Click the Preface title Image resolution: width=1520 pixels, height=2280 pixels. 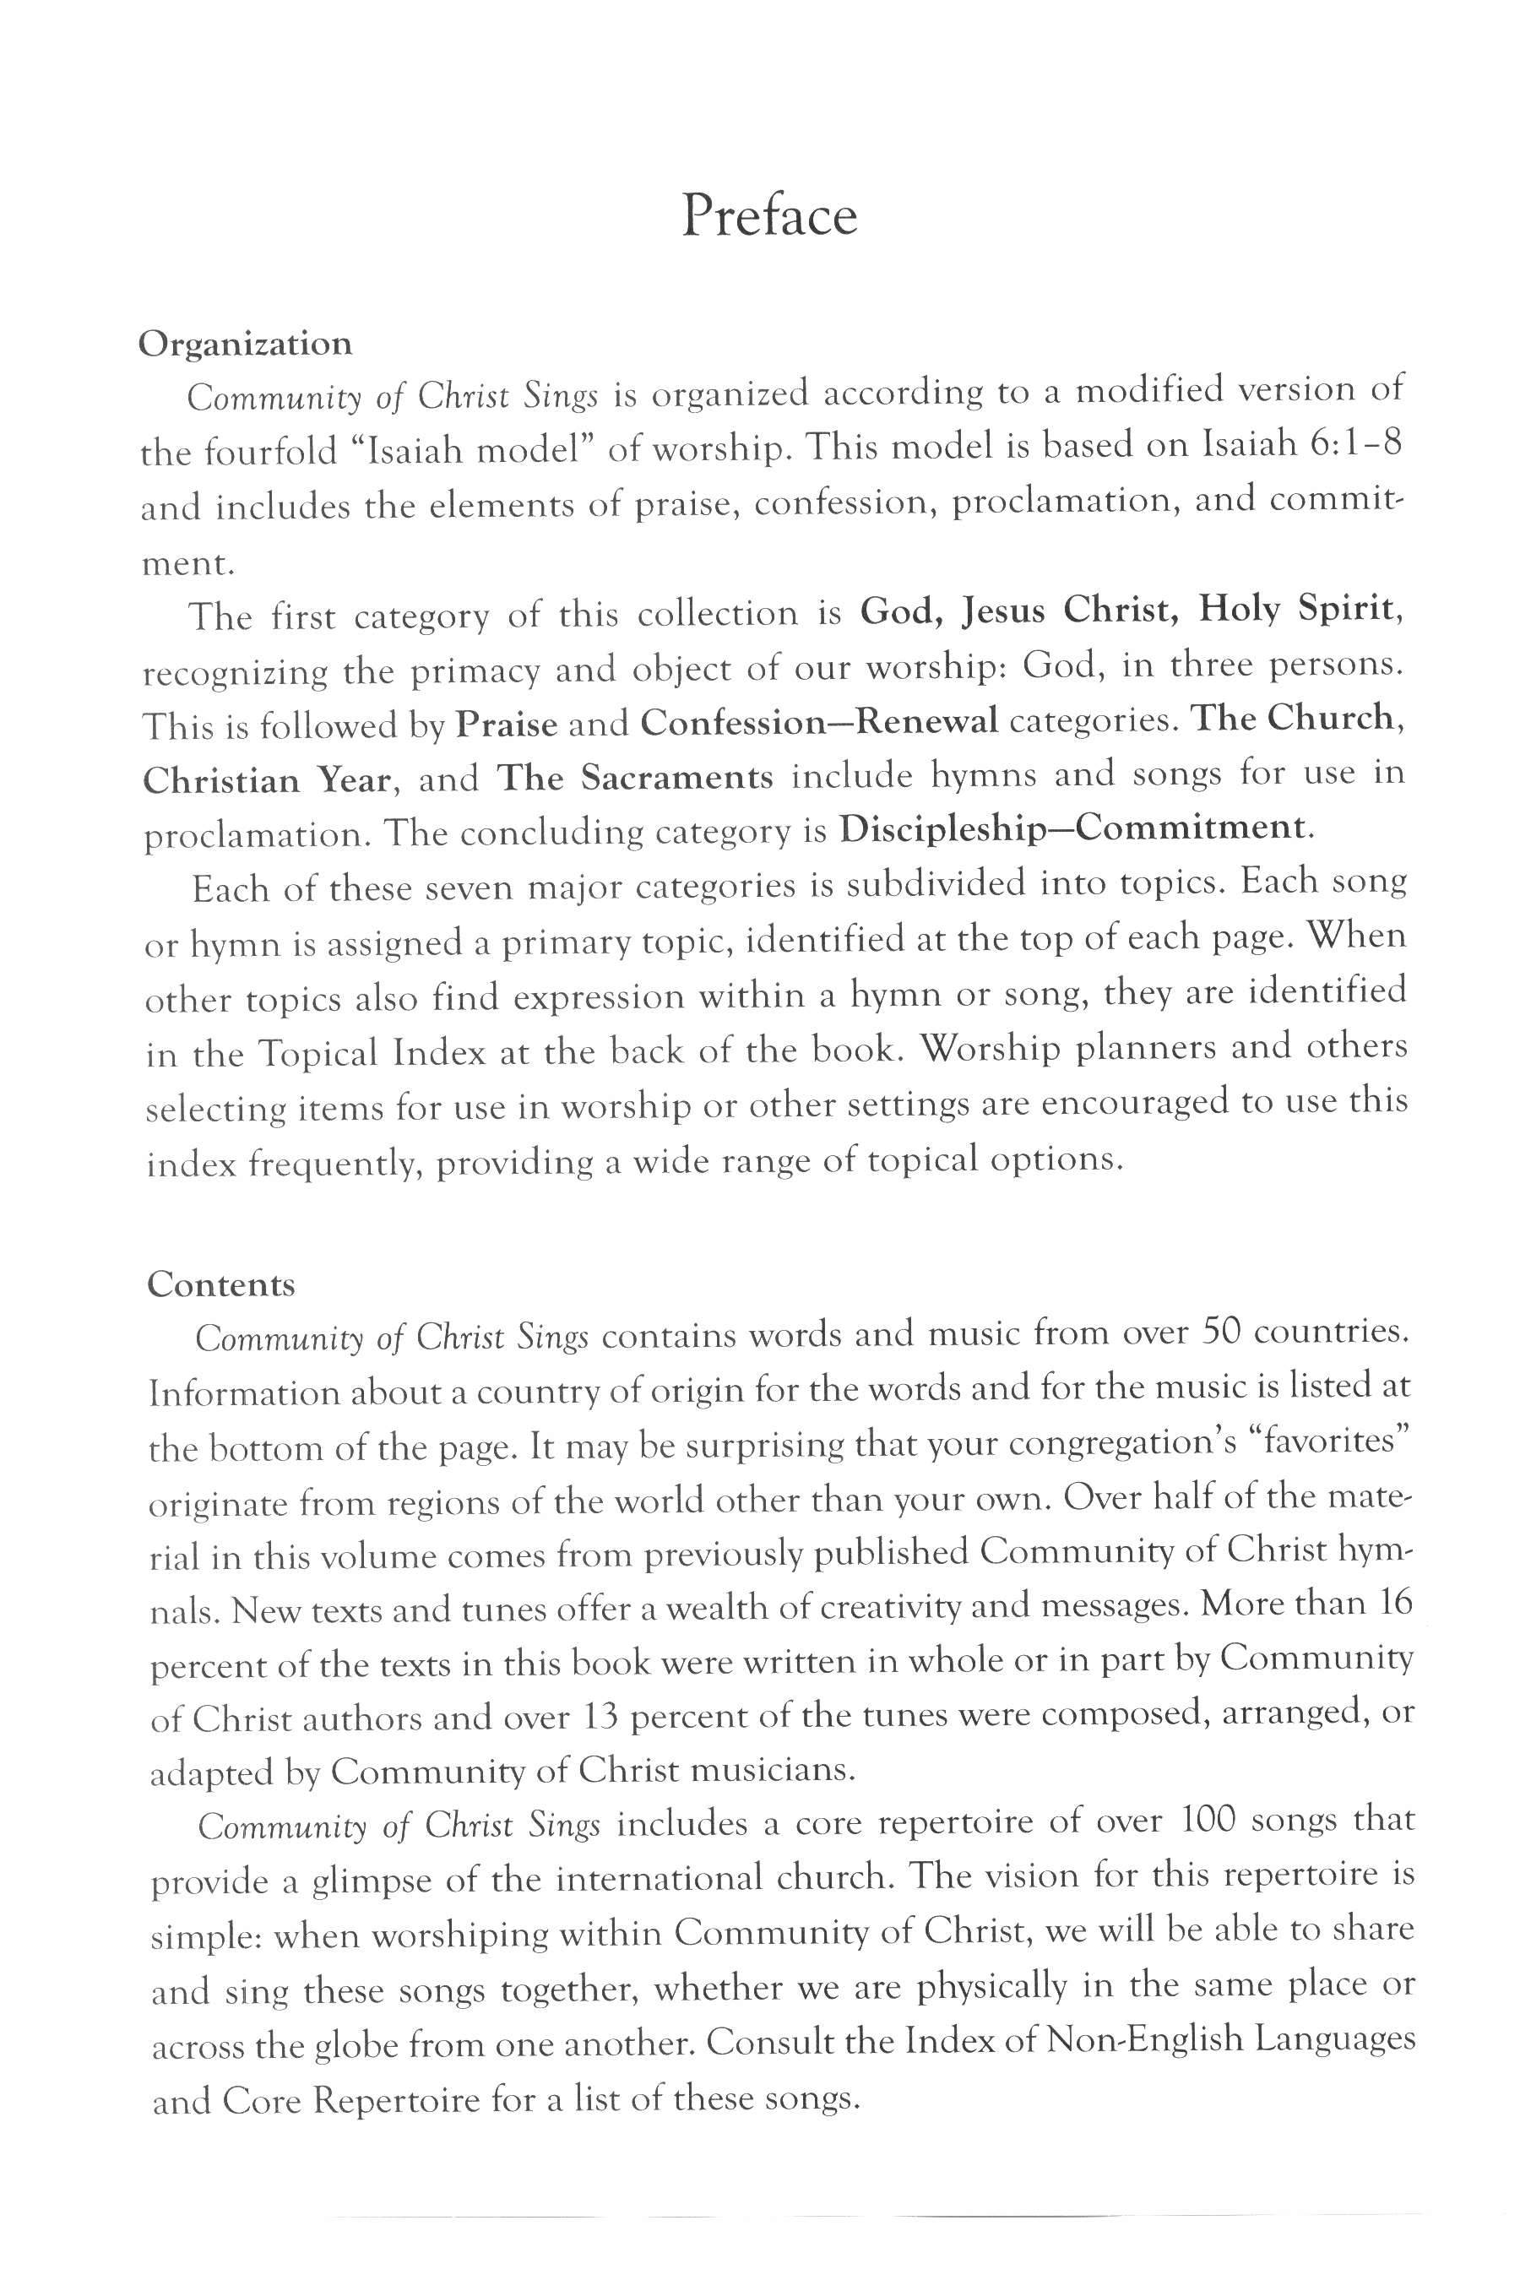(768, 215)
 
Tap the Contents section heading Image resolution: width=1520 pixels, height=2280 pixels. (221, 1284)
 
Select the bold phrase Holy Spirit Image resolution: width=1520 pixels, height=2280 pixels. (1298, 610)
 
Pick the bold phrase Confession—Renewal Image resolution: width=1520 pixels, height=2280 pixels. (820, 721)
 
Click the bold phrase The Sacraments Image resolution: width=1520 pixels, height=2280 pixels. (635, 779)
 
